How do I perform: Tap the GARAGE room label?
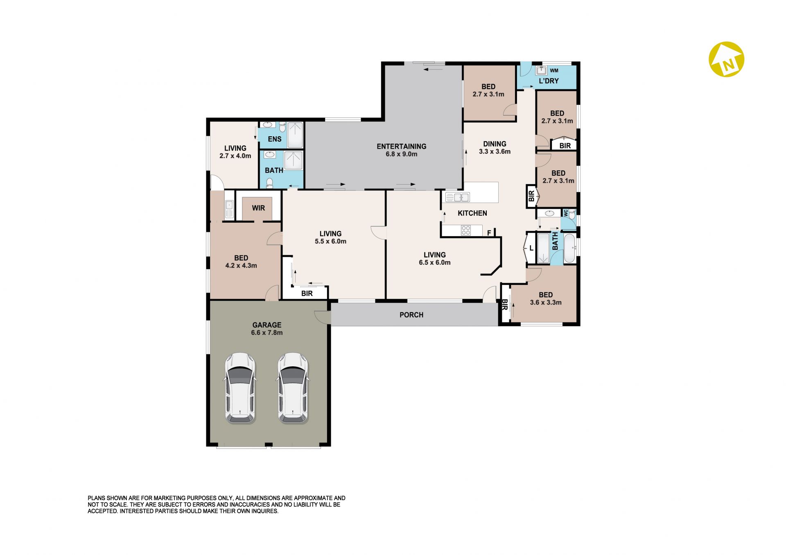point(267,325)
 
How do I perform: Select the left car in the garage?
point(240,388)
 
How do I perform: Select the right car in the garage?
point(293,388)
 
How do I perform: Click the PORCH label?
point(411,315)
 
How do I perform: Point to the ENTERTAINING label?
point(402,147)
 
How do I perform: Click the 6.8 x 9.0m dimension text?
point(402,154)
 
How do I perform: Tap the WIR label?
point(258,208)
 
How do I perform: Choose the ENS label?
point(275,139)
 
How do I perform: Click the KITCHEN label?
point(472,213)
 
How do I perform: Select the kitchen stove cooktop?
point(466,230)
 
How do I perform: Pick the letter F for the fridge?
point(489,233)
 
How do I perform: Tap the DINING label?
point(495,144)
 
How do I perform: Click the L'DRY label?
point(549,81)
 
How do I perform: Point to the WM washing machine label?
point(554,71)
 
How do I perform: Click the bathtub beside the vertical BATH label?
point(569,248)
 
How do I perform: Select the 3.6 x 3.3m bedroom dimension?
point(546,303)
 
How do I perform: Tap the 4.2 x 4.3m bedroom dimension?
point(241,266)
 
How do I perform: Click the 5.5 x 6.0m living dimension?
point(330,241)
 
